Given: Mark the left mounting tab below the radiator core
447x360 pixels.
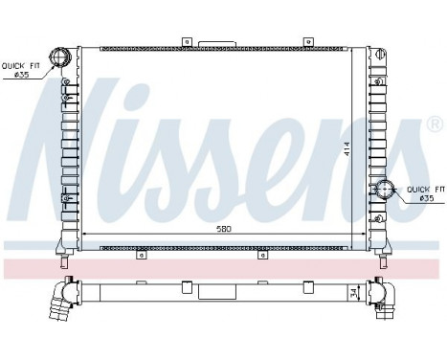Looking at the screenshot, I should [140, 255].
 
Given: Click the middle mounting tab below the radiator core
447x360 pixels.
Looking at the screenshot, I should [262, 255].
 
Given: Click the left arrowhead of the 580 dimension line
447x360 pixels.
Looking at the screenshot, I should [85, 235].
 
